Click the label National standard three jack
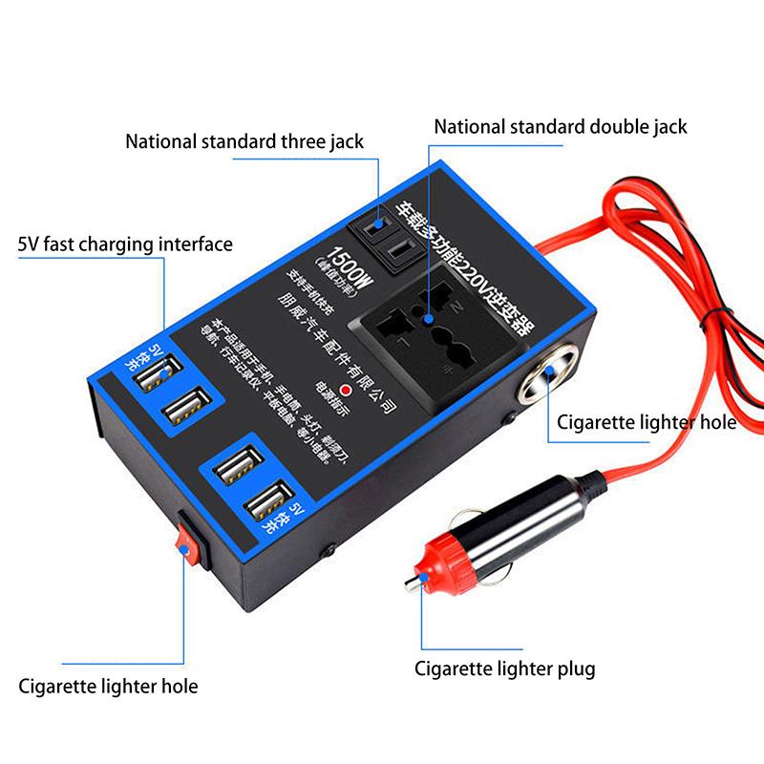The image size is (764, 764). pyautogui.click(x=244, y=142)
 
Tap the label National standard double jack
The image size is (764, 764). pyautogui.click(x=560, y=127)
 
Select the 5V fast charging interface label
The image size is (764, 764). pyautogui.click(x=125, y=244)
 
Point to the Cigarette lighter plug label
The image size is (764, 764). pyautogui.click(x=504, y=668)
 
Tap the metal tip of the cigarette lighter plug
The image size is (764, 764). pyautogui.click(x=413, y=583)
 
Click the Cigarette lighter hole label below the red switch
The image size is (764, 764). pyautogui.click(x=109, y=686)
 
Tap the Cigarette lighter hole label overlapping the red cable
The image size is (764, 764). pyautogui.click(x=647, y=421)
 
